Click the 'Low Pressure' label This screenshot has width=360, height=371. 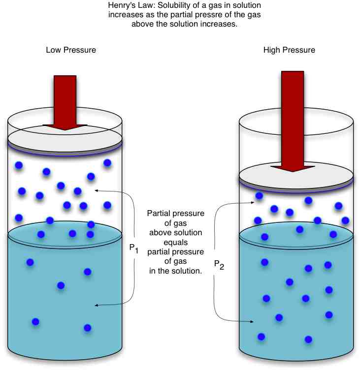click(x=70, y=50)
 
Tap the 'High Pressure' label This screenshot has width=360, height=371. click(x=289, y=50)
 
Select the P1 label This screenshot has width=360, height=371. click(x=134, y=249)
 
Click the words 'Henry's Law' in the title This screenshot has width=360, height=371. click(x=128, y=6)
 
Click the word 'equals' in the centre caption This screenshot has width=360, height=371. click(x=176, y=242)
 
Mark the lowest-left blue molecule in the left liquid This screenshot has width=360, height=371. click(x=35, y=322)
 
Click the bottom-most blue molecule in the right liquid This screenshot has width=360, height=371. click(x=309, y=339)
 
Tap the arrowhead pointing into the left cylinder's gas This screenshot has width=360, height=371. click(x=96, y=189)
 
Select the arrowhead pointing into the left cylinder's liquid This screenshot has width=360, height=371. click(x=97, y=306)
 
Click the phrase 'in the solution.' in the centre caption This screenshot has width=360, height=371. click(x=176, y=271)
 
